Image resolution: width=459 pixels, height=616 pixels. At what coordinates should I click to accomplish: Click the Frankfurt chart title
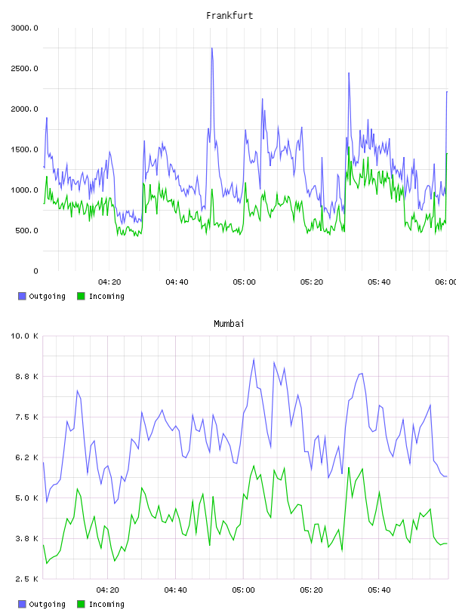coord(229,16)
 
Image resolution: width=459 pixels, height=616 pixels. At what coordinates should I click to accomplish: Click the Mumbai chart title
coord(229,324)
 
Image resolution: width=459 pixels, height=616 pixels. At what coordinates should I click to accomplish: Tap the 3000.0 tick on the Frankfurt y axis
coord(25,28)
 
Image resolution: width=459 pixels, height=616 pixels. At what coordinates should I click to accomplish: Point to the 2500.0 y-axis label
coord(25,69)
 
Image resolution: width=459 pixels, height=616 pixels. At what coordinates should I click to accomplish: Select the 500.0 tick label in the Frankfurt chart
coord(26,230)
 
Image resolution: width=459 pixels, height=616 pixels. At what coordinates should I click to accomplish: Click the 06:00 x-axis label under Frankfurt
coord(445,282)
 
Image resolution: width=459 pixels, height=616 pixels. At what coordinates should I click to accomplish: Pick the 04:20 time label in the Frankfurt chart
coord(109,282)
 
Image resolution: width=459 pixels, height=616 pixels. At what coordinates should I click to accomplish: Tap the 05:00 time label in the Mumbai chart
coord(243,590)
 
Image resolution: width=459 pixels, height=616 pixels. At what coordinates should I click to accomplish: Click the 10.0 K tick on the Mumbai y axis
coord(24,336)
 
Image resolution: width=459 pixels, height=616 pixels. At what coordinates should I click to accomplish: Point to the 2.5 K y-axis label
coord(26,579)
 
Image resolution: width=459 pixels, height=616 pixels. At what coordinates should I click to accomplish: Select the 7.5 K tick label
coord(26,417)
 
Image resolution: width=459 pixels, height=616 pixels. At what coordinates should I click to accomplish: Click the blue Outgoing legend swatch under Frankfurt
coord(22,296)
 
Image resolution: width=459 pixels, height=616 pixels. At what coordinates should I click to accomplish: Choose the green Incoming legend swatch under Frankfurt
coord(81,296)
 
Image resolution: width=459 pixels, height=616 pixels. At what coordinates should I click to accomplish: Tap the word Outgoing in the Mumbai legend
coord(47,604)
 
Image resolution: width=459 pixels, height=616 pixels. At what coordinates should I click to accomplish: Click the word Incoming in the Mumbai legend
coord(106,604)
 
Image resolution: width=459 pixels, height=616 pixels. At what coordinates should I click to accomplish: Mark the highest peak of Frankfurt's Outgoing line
coord(212,48)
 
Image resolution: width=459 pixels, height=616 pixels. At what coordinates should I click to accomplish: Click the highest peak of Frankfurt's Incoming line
coord(349,147)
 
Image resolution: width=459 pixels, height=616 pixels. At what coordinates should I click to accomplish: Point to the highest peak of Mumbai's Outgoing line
coord(254,359)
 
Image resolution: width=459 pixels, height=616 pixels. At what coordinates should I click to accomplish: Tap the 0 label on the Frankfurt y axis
coord(35,271)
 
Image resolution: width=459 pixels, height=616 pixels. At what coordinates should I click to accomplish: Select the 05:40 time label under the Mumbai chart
coord(379,590)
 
